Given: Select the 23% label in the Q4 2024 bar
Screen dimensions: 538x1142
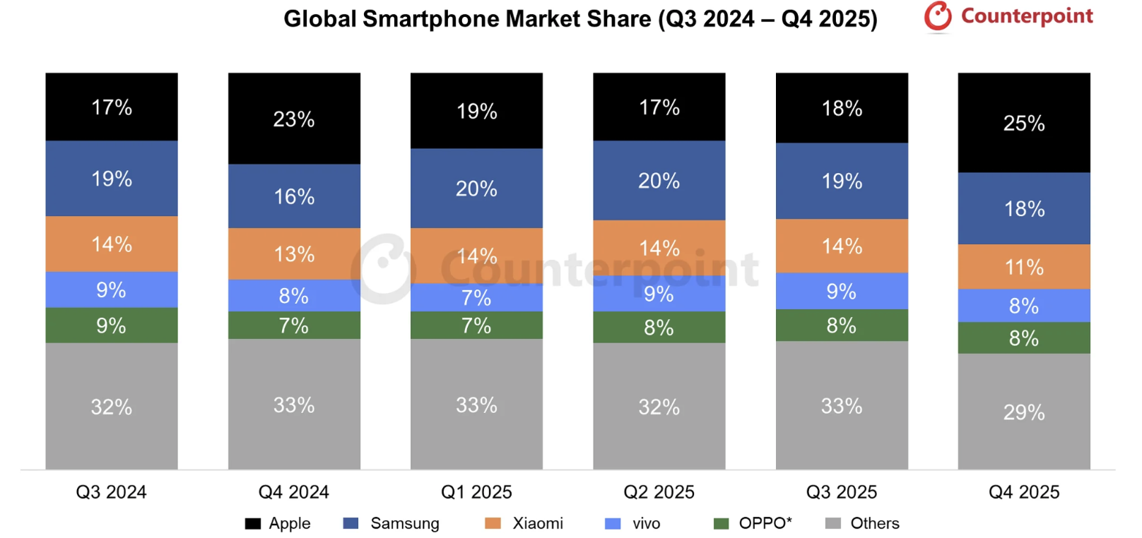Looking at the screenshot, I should [294, 119].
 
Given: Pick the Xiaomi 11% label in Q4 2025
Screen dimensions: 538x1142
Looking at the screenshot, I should [1024, 268].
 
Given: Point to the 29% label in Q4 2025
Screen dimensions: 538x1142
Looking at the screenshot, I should [1024, 412].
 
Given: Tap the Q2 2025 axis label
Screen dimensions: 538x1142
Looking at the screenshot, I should [659, 492].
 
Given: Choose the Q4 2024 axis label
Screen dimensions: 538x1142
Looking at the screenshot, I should [294, 492].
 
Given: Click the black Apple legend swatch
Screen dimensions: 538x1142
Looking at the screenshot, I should [252, 523].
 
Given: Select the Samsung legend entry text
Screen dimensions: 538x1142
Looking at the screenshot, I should [405, 523].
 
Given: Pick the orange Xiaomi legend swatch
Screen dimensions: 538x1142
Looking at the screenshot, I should [493, 523].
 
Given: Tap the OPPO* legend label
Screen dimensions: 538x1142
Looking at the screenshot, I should [765, 523].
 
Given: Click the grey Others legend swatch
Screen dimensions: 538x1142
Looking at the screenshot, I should [833, 523].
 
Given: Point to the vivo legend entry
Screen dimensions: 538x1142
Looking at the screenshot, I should [646, 523].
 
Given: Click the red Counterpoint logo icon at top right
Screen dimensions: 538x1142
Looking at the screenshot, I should [938, 17].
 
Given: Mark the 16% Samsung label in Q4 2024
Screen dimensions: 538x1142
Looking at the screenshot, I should [294, 197].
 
